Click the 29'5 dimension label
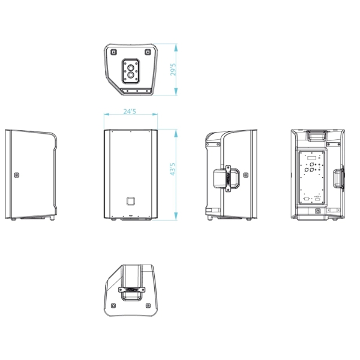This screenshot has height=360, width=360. click(x=173, y=70)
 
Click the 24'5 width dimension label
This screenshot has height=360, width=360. click(x=130, y=112)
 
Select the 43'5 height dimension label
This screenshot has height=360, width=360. click(x=173, y=169)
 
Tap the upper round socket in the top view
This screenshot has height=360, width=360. click(x=131, y=68)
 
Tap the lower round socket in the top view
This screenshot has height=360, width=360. click(x=131, y=75)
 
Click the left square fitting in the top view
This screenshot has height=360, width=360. click(x=113, y=52)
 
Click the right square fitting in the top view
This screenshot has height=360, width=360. click(x=148, y=52)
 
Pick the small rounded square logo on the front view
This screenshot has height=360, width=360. click(x=131, y=201)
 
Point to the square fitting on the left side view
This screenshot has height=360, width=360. click(x=16, y=175)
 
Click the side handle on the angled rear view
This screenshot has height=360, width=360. click(x=227, y=178)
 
